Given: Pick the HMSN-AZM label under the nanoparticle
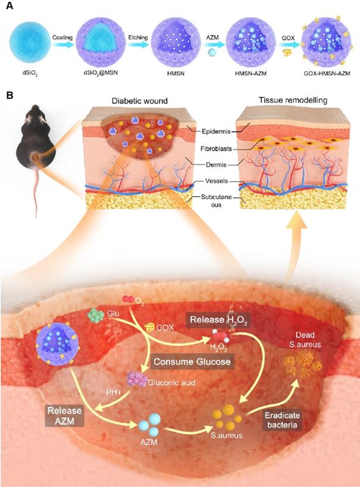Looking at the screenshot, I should [246, 77].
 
